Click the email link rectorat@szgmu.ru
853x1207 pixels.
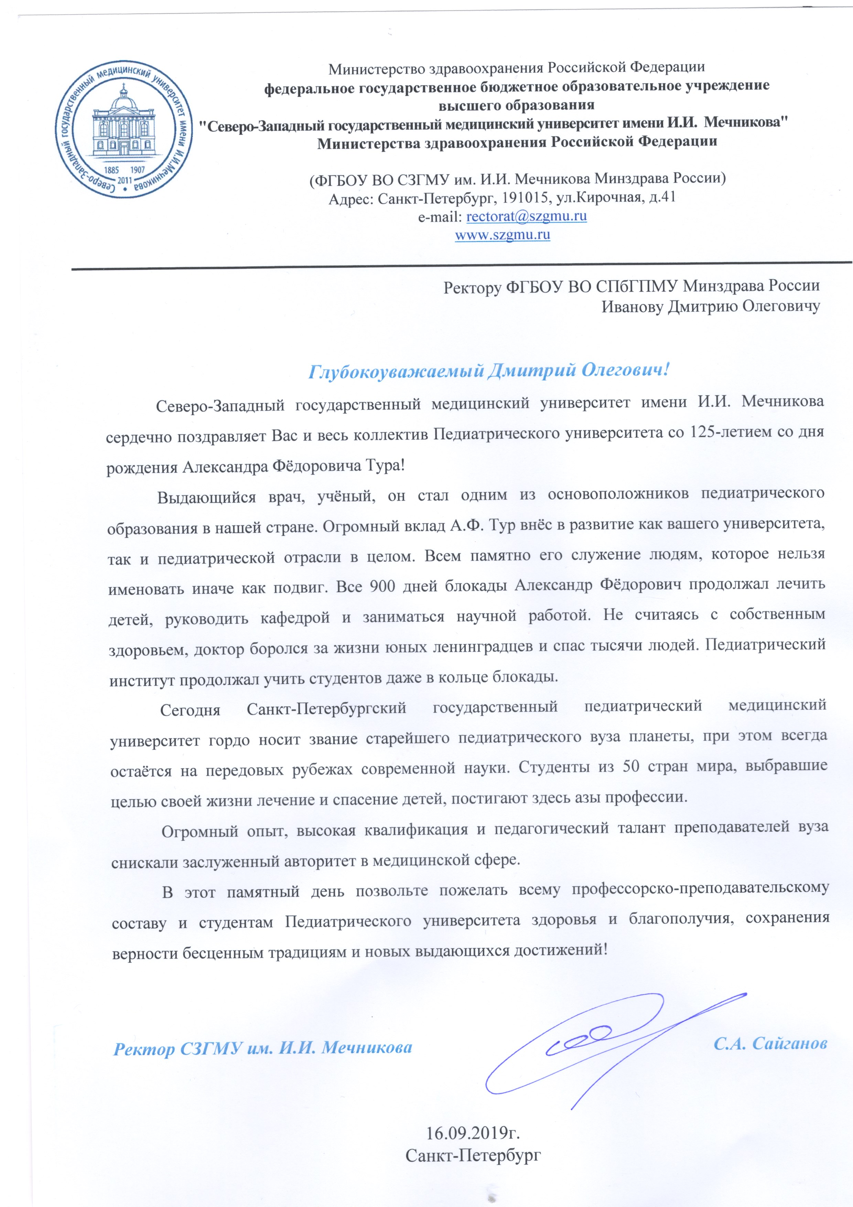527,216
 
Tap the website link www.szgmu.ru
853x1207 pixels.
503,234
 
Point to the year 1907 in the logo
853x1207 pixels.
137,170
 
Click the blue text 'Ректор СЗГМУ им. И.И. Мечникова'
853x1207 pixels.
263,1048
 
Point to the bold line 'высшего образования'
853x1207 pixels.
517,105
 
